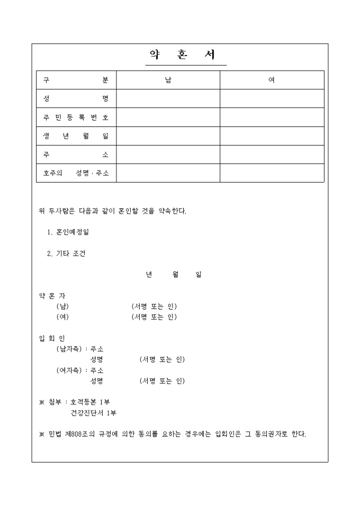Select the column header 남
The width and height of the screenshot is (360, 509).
click(x=168, y=80)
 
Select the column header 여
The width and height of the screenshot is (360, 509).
click(x=272, y=80)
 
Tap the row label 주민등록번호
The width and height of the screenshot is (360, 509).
click(x=76, y=117)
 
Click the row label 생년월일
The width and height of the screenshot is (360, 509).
click(x=76, y=136)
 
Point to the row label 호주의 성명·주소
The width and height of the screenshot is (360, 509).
click(x=76, y=173)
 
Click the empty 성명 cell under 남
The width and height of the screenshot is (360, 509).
click(x=168, y=98)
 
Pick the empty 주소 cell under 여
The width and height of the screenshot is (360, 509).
click(x=272, y=154)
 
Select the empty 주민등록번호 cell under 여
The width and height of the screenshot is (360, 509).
click(x=272, y=117)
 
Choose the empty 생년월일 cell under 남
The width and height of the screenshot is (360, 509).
click(x=168, y=136)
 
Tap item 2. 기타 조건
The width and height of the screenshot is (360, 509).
click(x=66, y=253)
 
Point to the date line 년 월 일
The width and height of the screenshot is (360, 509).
click(x=174, y=275)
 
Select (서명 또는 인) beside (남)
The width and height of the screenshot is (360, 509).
click(x=154, y=306)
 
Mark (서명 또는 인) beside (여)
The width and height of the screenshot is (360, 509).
click(x=154, y=317)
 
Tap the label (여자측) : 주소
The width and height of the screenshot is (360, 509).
click(x=80, y=370)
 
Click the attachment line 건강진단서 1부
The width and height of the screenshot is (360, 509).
click(x=93, y=413)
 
